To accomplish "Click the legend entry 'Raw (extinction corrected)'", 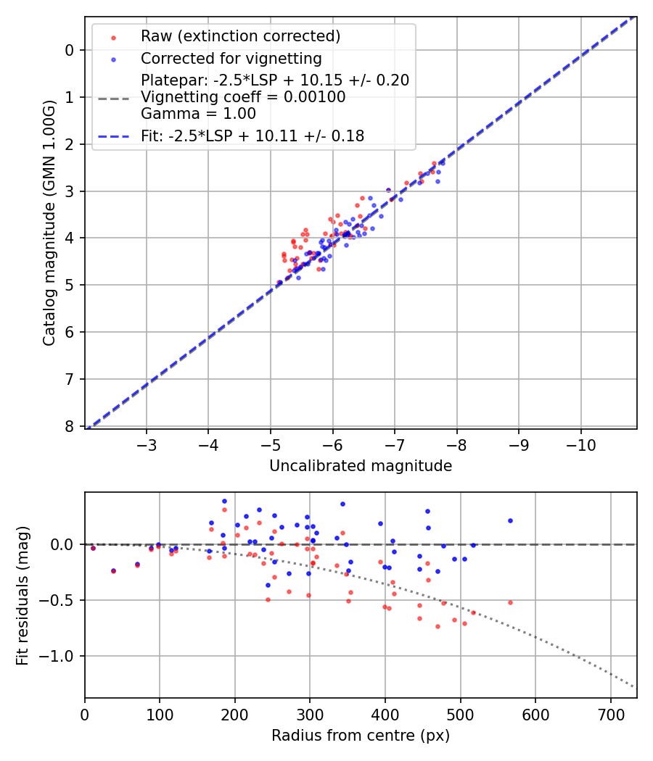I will tap(240, 36).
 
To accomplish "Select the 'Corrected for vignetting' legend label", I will tap(231, 58).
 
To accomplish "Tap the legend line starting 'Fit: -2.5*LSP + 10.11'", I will tap(252, 136).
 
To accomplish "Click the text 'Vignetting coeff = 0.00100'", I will tap(243, 96).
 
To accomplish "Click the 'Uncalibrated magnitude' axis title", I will tap(361, 466).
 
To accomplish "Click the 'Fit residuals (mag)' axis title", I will tap(22, 595).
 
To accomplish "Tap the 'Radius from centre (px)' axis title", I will tap(361, 736).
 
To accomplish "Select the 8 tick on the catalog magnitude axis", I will tap(69, 426).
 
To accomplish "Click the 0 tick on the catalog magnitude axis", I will tap(69, 50).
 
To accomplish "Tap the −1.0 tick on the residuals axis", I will tap(60, 656).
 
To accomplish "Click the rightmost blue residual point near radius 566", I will tap(510, 520).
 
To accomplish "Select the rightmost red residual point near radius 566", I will tap(510, 602).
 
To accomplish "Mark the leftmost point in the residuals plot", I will tap(93, 548).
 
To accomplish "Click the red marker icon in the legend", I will tap(112, 36).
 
